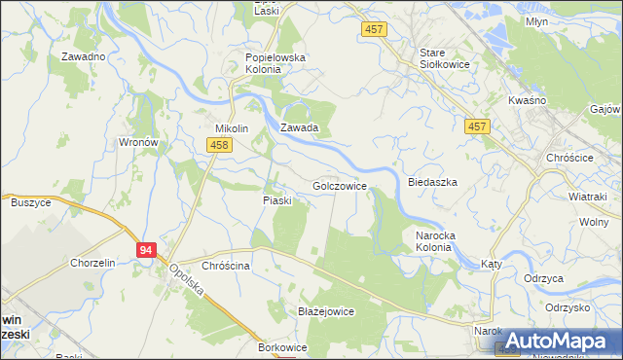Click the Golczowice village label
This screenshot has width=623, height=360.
[339, 185]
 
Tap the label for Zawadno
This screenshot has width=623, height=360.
[83, 56]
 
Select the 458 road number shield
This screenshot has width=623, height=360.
[218, 145]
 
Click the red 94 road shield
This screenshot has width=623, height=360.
[146, 250]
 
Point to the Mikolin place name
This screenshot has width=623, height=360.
[233, 128]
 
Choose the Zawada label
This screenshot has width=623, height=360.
[300, 127]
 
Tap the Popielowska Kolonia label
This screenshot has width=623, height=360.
[275, 63]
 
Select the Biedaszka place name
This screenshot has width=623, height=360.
[432, 182]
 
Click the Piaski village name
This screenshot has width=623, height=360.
[277, 200]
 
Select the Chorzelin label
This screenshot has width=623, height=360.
[93, 263]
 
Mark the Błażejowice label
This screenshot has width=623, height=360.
[325, 311]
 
